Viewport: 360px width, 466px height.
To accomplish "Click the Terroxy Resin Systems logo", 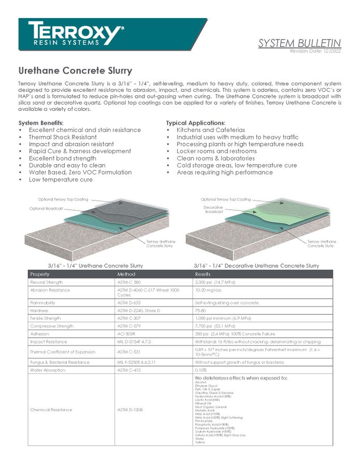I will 76,34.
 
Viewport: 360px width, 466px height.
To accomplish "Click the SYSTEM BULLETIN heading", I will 299,43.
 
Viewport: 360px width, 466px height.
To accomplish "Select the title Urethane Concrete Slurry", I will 75,71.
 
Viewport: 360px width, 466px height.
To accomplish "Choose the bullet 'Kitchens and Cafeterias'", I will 210,130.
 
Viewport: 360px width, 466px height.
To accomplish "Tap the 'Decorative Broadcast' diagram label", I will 213,209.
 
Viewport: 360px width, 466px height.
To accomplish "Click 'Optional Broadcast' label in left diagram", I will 46,208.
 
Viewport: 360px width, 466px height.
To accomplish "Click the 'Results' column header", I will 203,274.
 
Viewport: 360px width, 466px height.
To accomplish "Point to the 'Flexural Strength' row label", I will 46,282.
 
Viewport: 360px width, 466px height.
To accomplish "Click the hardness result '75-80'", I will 200,311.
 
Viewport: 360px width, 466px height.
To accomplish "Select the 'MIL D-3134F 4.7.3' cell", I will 134,342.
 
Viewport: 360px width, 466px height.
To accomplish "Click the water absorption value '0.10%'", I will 200,370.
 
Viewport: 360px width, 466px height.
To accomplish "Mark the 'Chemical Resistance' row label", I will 51,410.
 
